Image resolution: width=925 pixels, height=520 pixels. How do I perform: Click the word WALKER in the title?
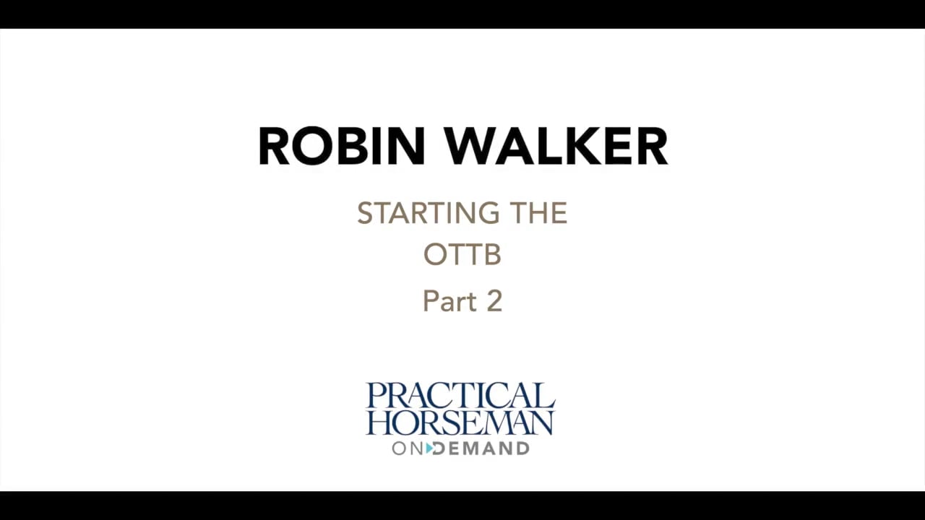[556, 147]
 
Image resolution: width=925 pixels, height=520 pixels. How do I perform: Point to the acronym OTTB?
[462, 255]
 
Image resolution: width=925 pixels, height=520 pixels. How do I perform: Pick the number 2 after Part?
[494, 301]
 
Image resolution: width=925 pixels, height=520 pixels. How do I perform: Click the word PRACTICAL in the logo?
[460, 396]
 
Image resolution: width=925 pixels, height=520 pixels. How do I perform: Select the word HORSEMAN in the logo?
[460, 422]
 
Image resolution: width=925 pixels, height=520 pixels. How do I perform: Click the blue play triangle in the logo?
[430, 448]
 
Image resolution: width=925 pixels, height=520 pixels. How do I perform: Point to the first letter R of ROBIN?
[273, 147]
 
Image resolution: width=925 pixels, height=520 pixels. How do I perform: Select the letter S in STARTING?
[365, 214]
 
